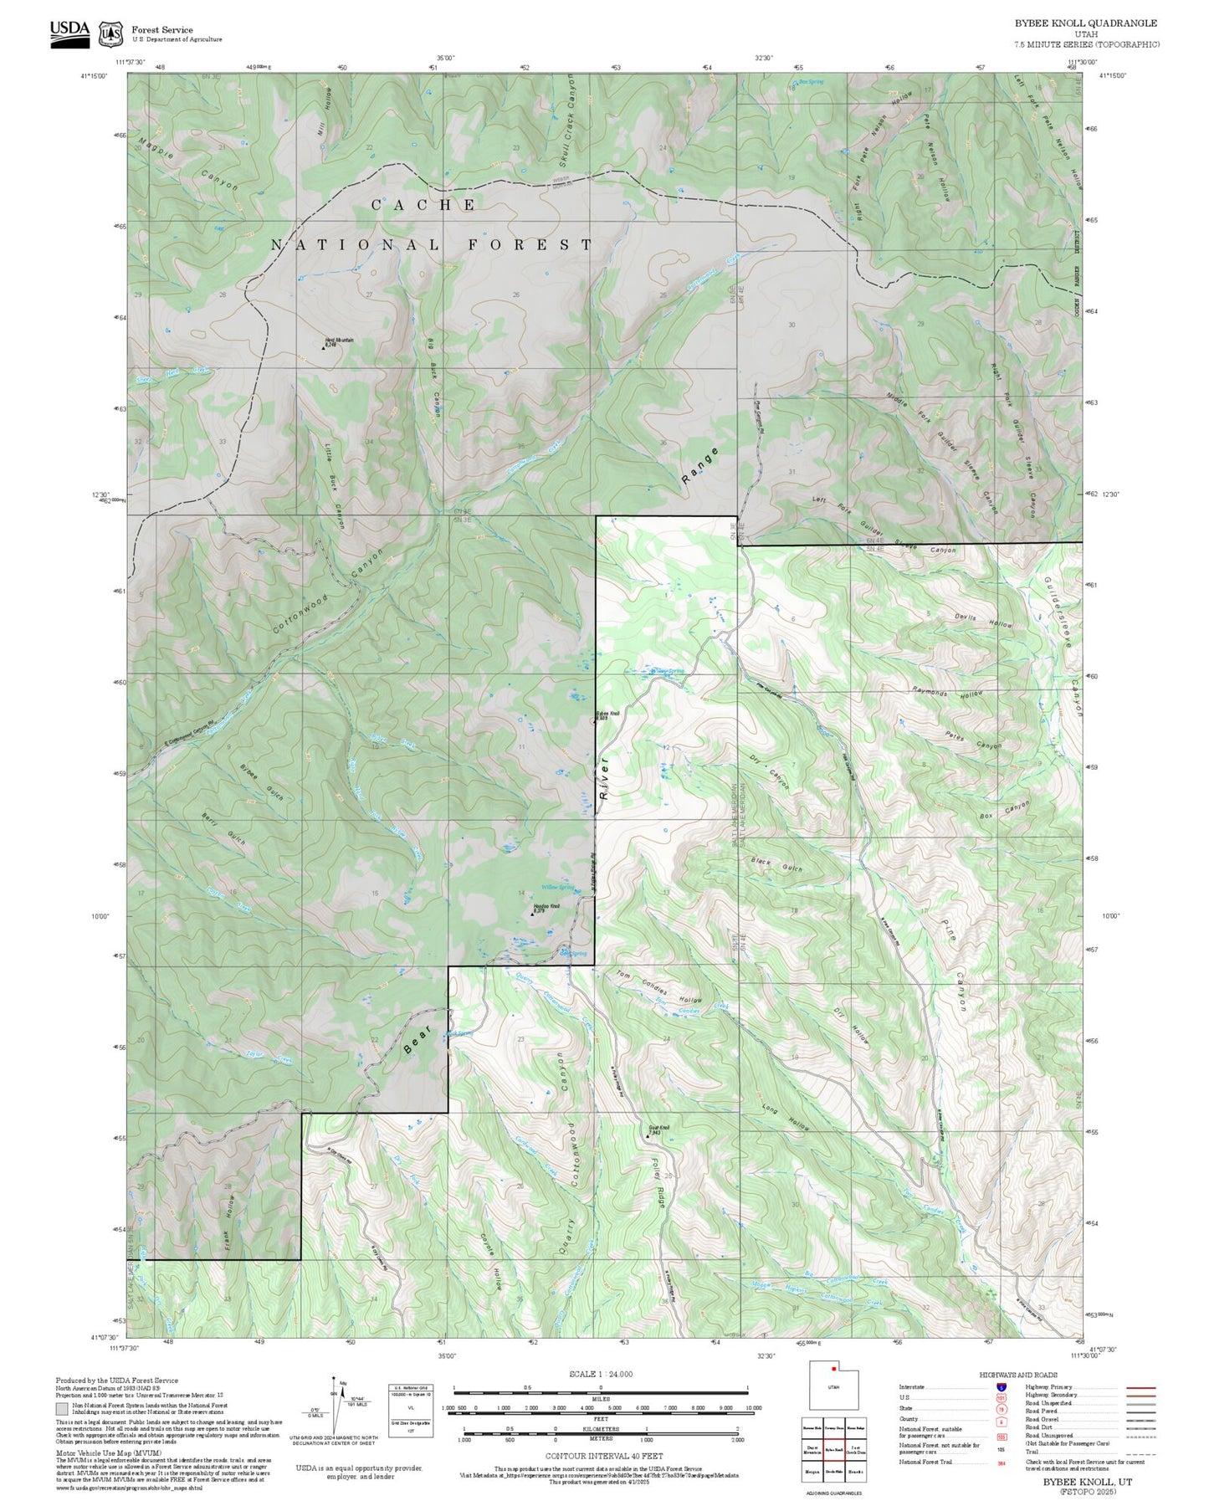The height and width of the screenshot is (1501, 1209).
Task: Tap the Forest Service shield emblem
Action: [110, 34]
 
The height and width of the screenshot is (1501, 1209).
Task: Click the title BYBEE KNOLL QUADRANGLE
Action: [1086, 23]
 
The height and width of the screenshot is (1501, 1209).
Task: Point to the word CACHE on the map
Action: [423, 205]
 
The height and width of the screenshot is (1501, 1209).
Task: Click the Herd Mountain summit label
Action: [339, 341]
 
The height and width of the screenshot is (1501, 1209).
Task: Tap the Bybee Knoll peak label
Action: [608, 715]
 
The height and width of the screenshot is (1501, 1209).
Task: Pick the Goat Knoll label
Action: [658, 1129]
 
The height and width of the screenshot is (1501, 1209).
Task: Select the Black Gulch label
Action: [776, 864]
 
